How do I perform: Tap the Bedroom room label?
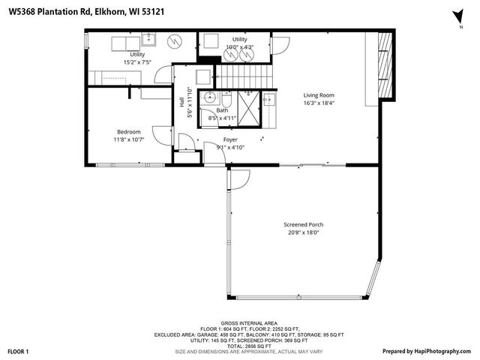[127, 132]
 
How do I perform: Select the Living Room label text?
[318, 95]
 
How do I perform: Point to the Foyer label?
[230, 139]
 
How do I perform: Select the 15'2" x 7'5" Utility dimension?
[137, 62]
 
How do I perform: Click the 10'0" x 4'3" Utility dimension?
[240, 46]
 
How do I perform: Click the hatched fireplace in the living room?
[385, 66]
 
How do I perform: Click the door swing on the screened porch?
[238, 179]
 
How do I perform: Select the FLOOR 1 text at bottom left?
[18, 351]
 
